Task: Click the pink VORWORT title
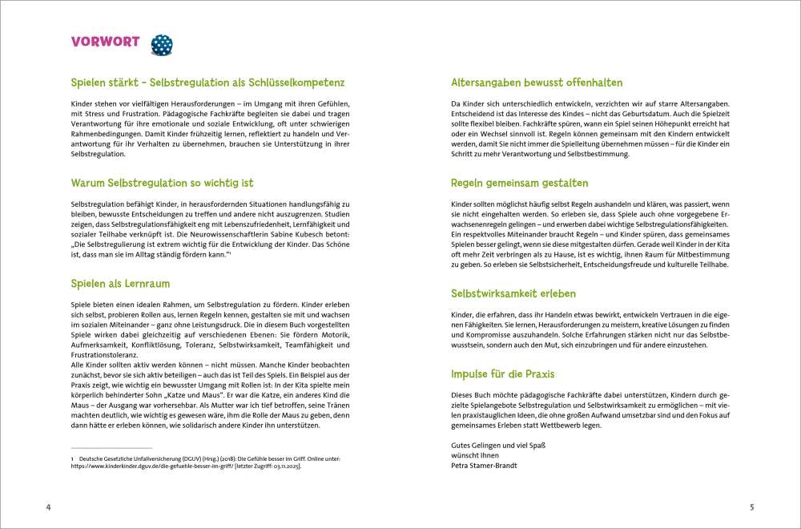tap(106, 42)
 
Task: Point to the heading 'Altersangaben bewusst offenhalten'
tap(537, 83)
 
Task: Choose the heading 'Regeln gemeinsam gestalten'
tap(520, 183)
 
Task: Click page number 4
tap(48, 507)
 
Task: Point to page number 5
tap(751, 507)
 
